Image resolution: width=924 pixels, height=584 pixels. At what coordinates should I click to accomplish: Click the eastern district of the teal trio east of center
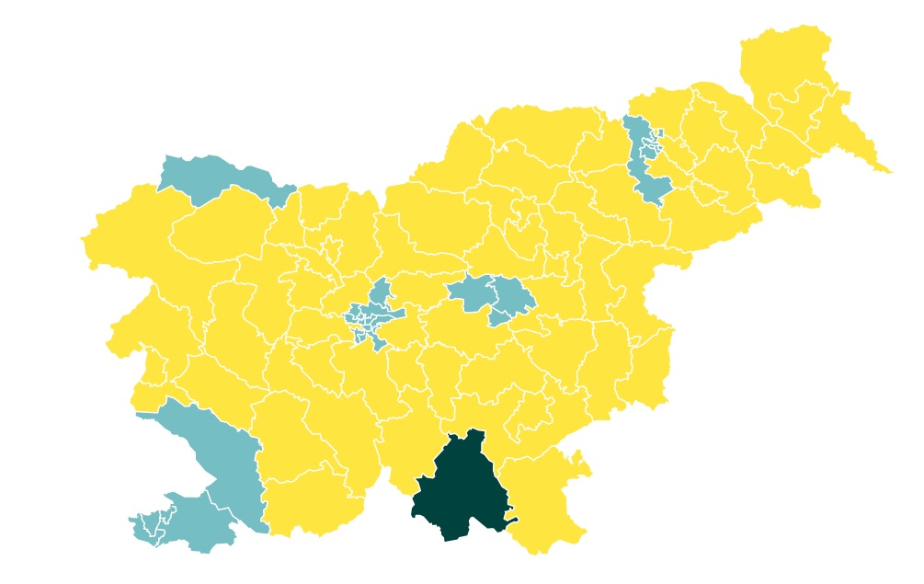(510, 294)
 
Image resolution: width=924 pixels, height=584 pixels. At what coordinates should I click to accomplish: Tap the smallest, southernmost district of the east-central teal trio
(499, 318)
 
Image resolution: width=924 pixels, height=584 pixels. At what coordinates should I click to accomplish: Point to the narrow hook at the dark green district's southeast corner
(511, 521)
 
